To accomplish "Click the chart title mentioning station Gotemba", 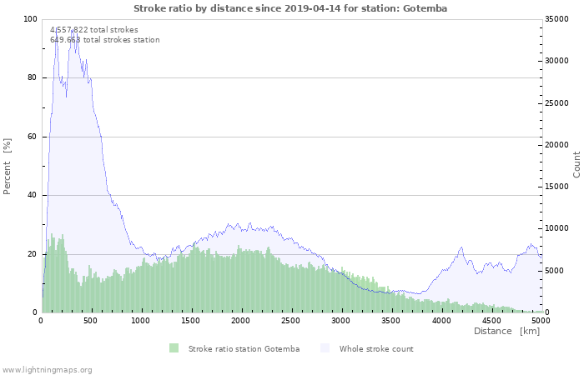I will (290, 7).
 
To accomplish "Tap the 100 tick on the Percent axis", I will (30, 19).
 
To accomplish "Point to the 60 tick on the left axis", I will (33, 137).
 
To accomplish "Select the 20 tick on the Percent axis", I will (33, 254).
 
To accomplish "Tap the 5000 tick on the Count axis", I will (555, 271).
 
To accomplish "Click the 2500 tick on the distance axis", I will (290, 320).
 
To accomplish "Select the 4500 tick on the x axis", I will (490, 320).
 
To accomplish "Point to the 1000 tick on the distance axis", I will (141, 320).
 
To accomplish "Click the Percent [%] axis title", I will (8, 166).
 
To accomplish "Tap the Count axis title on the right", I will (576, 164).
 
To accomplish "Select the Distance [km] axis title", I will (506, 331).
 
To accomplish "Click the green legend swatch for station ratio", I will (174, 348).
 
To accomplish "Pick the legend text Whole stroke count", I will (376, 348).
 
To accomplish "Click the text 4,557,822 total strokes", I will (94, 29).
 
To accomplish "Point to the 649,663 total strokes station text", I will (104, 39).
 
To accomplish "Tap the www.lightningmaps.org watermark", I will (47, 369).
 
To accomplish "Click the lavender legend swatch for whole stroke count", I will (325, 348).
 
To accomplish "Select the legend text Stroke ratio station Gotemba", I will (244, 348).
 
